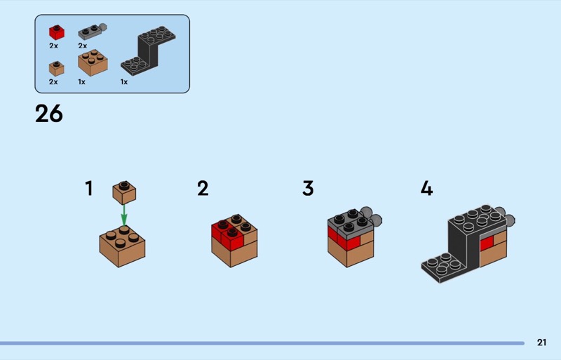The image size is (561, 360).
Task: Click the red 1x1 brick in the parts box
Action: (x=57, y=32)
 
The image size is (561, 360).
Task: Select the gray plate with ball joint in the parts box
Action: (x=93, y=32)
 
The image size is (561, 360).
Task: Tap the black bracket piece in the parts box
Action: (x=148, y=51)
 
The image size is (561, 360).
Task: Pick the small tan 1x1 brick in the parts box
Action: (x=57, y=68)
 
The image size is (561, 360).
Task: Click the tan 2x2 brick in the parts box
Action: (x=93, y=62)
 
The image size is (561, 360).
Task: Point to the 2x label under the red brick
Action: (x=53, y=46)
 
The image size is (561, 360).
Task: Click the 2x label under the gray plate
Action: (x=82, y=46)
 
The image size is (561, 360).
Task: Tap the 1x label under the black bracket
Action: (x=124, y=82)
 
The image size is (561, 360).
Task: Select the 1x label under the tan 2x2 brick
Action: (x=81, y=82)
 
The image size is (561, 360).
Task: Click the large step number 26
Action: (x=49, y=114)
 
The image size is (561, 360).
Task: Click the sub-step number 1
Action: (x=89, y=188)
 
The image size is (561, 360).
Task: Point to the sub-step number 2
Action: (x=203, y=188)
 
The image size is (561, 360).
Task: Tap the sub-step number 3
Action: (x=308, y=188)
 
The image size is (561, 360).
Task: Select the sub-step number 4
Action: (x=426, y=188)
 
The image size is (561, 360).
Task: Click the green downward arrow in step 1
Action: (x=124, y=215)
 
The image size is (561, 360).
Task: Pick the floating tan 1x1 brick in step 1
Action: (x=124, y=192)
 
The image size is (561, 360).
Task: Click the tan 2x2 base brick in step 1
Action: (x=122, y=246)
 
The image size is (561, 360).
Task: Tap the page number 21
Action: (x=541, y=342)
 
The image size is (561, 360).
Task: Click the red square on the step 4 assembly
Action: (x=487, y=243)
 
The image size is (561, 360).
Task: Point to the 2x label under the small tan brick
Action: (x=53, y=82)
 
